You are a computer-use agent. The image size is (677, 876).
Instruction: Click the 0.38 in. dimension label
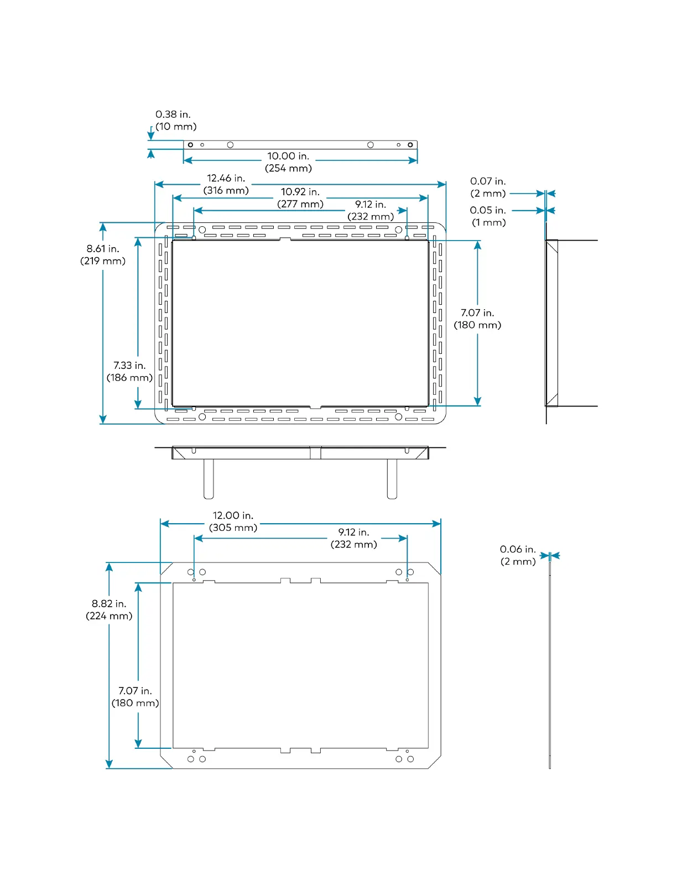[173, 114]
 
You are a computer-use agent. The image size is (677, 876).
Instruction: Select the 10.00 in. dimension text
[288, 157]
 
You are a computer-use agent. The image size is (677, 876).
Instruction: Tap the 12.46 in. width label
[226, 178]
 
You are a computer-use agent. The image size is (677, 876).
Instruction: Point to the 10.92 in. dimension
[300, 192]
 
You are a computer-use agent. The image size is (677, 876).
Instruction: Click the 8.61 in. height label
[103, 249]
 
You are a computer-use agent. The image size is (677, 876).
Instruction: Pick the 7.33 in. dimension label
[129, 366]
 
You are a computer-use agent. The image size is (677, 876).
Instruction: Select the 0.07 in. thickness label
[488, 181]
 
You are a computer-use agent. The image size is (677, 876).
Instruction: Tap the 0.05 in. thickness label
[488, 210]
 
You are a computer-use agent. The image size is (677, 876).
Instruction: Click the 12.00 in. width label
[233, 515]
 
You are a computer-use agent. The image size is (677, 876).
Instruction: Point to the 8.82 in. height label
[109, 604]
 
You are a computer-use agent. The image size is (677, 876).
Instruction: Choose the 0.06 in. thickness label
[518, 549]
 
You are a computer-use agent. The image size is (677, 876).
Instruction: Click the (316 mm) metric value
[226, 190]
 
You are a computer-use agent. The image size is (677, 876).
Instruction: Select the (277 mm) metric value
[300, 204]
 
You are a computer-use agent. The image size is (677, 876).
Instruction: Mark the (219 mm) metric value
[103, 261]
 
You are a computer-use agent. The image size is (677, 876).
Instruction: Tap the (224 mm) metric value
[109, 616]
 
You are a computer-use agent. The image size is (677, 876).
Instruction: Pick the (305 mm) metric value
[233, 528]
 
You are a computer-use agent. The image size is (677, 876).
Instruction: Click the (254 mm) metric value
[288, 169]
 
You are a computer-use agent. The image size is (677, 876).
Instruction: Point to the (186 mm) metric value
[129, 378]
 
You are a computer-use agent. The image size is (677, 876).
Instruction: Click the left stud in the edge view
[209, 479]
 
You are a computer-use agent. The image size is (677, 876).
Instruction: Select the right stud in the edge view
[392, 479]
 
